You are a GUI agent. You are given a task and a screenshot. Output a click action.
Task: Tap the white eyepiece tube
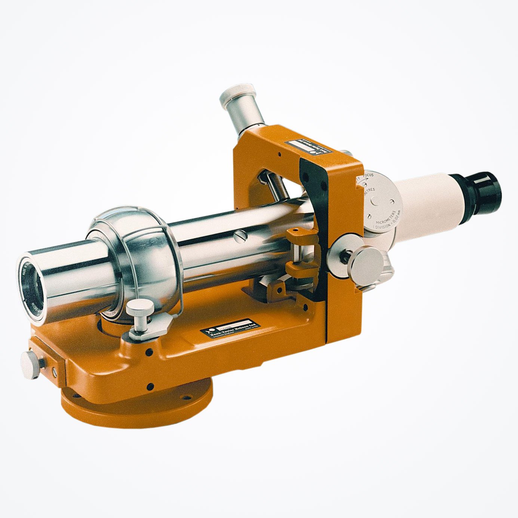point(426,202)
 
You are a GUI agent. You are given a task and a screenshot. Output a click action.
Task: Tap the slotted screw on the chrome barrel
point(241,236)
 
